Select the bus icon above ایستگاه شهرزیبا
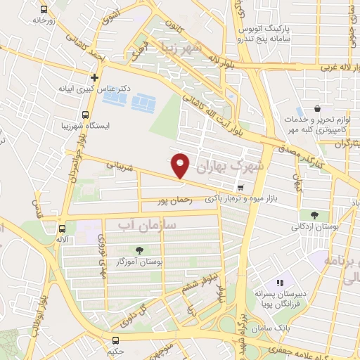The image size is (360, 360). click(85, 115)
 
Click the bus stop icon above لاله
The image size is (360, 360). click(63, 229)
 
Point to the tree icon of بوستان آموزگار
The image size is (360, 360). click(139, 250)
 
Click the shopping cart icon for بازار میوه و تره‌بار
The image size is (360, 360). click(241, 188)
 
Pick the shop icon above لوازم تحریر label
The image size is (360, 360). click(318, 109)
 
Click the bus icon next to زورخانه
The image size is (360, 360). click(44, 10)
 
